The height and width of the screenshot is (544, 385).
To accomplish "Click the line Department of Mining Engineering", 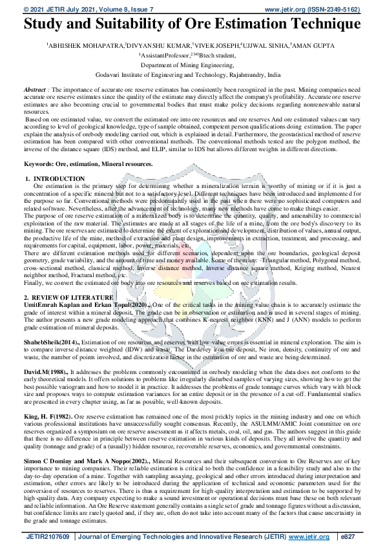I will (192, 65).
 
